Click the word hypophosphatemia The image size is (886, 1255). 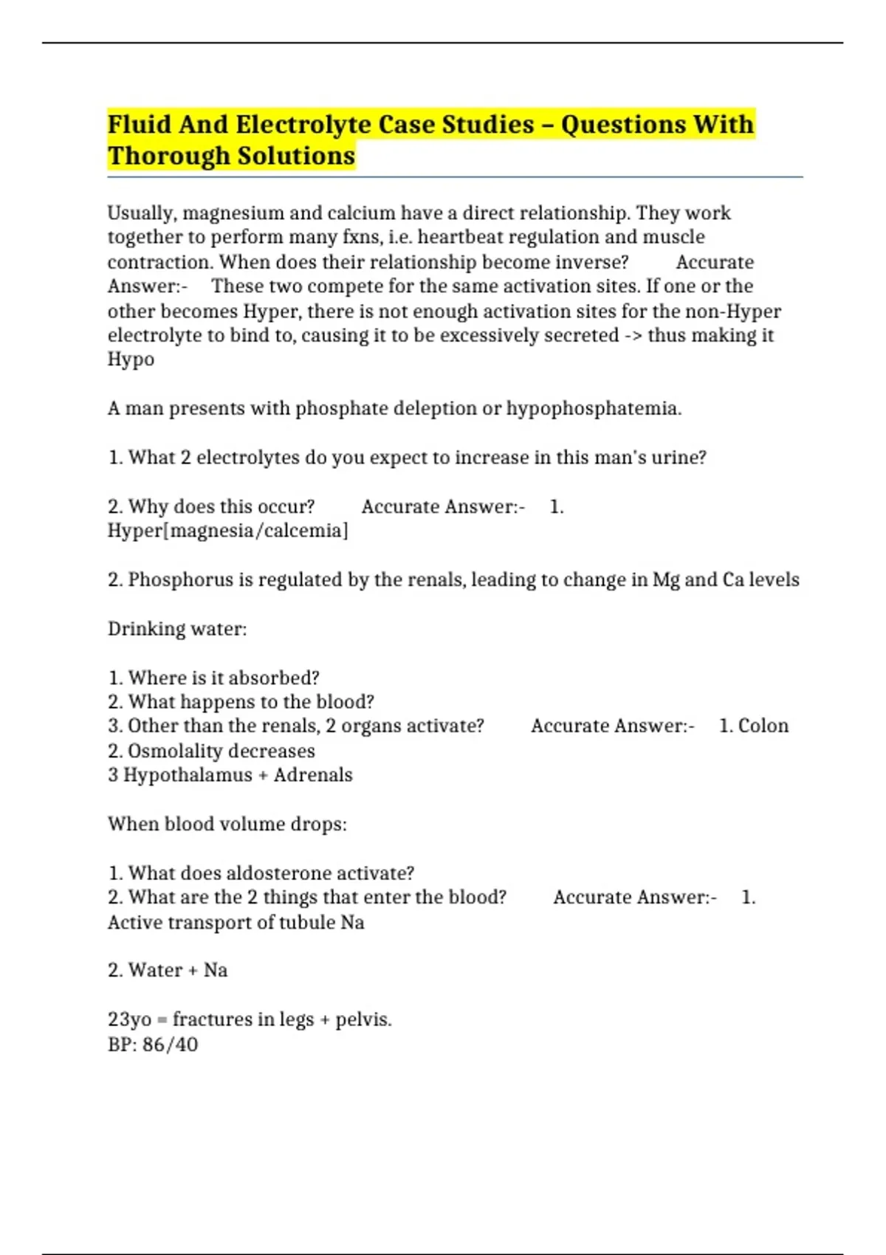pyautogui.click(x=594, y=408)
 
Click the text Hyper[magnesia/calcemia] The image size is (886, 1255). pyautogui.click(x=227, y=531)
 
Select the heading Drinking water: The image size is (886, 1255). pyautogui.click(x=177, y=629)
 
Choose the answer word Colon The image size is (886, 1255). pyautogui.click(x=763, y=726)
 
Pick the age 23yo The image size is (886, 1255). pyautogui.click(x=129, y=1020)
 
